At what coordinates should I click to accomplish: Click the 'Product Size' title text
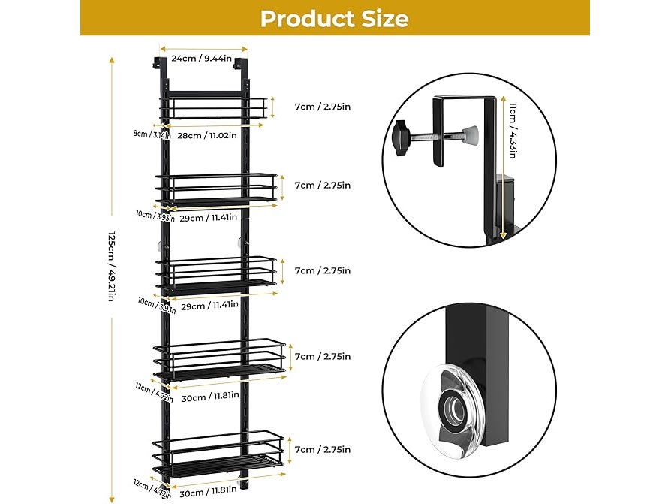335,18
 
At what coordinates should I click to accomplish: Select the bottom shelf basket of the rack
219,458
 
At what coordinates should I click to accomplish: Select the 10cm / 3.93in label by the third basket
157,304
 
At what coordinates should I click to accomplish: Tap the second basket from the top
216,189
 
